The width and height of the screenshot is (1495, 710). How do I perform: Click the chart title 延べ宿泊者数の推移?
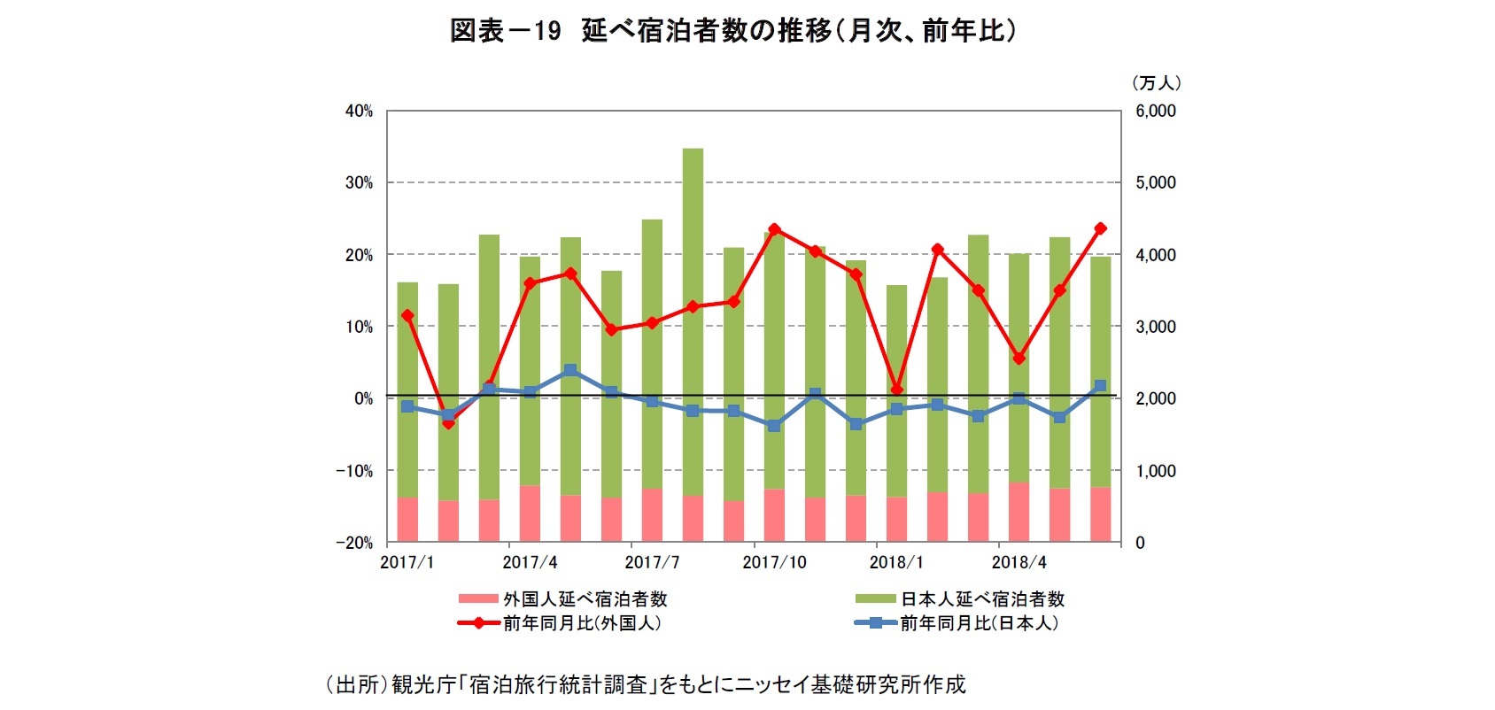[x=732, y=31]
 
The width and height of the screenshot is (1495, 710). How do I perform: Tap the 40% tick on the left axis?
[x=359, y=112]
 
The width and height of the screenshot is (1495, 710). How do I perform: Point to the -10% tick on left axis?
[x=353, y=471]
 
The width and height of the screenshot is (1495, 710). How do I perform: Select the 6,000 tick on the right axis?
[x=1156, y=112]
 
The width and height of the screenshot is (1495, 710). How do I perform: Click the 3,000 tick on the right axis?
[x=1156, y=327]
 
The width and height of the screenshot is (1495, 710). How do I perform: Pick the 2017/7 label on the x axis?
[x=652, y=563]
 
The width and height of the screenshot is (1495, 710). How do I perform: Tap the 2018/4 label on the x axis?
[x=1019, y=563]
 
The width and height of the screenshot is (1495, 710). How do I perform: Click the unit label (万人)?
[x=1157, y=83]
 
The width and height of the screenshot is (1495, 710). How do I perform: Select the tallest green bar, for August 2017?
[x=693, y=319]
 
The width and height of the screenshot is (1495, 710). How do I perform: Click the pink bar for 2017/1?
[x=407, y=520]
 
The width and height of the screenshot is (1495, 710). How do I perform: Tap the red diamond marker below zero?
[x=448, y=423]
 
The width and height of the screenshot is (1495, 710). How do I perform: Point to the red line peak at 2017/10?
[x=774, y=229]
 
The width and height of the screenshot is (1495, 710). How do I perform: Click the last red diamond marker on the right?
[x=1100, y=228]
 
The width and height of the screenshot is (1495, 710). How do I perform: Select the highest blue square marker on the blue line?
[x=570, y=370]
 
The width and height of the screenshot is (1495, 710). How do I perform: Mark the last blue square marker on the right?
[x=1100, y=386]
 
